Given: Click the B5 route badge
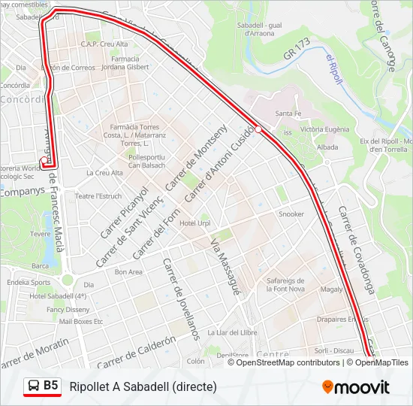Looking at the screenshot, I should point(42,386).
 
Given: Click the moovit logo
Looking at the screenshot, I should point(356,387).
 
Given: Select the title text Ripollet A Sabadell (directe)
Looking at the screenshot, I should point(143,387).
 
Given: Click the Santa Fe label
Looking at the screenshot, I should point(288,114).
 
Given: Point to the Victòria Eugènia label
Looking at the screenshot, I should point(324,129).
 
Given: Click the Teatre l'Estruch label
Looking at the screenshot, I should point(98,196).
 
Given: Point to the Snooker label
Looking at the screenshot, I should point(291,214).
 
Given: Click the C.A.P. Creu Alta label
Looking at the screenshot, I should point(104,44).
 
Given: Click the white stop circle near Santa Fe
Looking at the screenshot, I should point(258,129).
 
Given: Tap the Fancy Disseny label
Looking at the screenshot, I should point(68,309).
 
